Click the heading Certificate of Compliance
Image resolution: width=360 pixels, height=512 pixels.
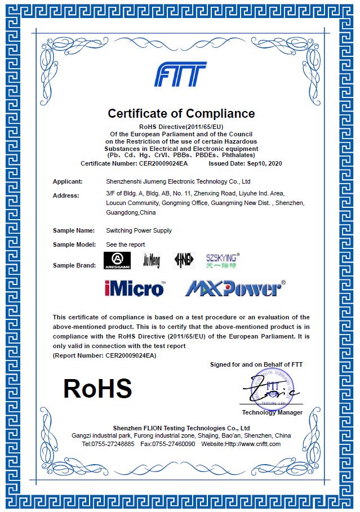pyautogui.click(x=181, y=113)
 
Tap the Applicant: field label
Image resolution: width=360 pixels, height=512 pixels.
pyautogui.click(x=68, y=181)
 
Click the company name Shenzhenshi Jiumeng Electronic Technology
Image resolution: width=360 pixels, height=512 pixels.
pyautogui.click(x=178, y=181)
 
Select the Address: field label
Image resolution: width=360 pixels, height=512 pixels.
pyautogui.click(x=66, y=195)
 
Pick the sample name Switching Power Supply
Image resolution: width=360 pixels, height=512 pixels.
pyautogui.click(x=139, y=230)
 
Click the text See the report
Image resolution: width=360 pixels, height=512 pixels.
pyautogui.click(x=126, y=244)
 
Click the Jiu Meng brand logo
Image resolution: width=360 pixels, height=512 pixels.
pyautogui.click(x=152, y=260)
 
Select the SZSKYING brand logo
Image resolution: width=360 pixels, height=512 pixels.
pyautogui.click(x=223, y=260)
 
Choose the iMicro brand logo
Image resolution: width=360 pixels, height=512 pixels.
pyautogui.click(x=135, y=288)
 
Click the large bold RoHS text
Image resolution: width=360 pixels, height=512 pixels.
pyautogui.click(x=97, y=389)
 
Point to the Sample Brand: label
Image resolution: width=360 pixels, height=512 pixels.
pyautogui.click(x=74, y=265)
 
